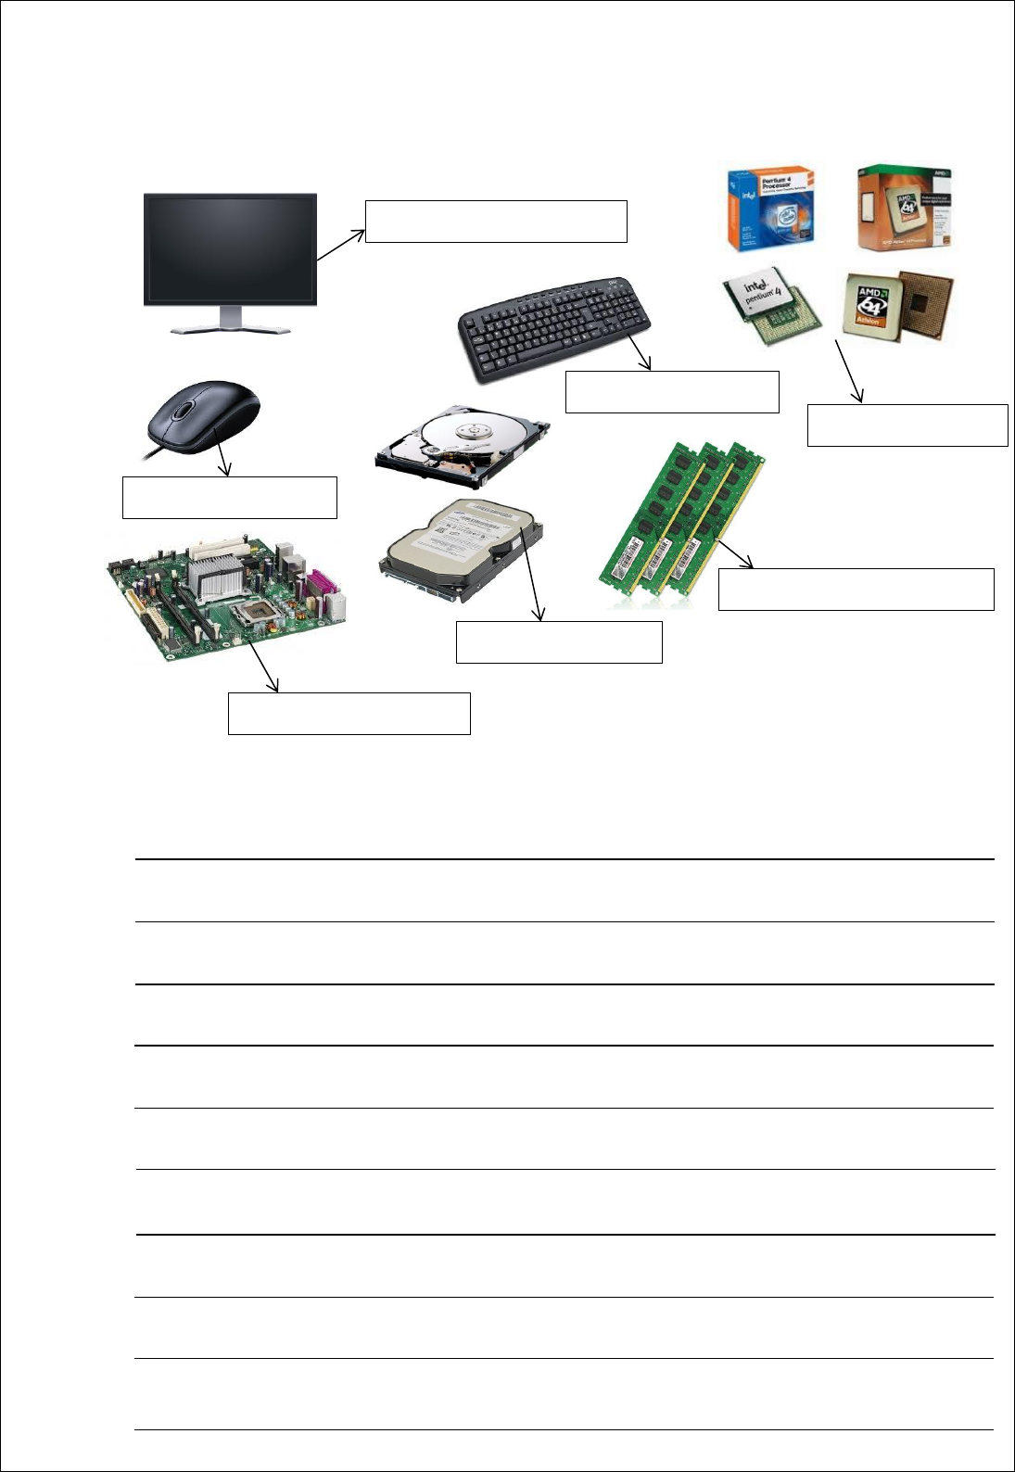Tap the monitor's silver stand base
coord(230,328)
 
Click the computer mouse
coord(205,417)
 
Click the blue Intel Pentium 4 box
coord(770,209)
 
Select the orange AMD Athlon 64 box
coord(904,209)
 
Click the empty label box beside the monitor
coord(496,221)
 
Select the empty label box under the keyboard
coord(671,391)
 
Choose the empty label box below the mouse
coord(229,497)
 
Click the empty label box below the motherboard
coord(349,713)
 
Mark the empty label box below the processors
coord(907,425)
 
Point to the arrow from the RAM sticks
coord(734,553)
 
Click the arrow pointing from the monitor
coord(340,246)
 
